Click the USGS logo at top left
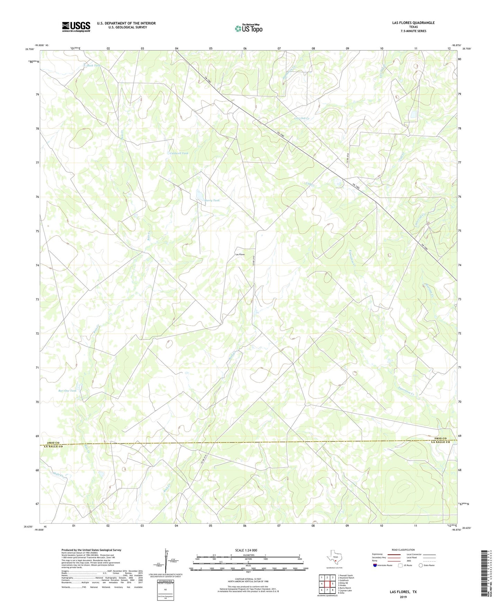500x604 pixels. (76, 27)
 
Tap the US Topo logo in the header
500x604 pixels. (248, 28)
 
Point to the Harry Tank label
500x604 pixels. (212, 200)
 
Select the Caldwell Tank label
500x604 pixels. (179, 153)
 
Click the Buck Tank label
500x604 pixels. (93, 65)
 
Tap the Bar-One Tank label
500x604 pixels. (67, 391)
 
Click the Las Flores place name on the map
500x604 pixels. (240, 254)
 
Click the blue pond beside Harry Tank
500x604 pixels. (199, 195)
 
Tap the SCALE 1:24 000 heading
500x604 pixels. (246, 550)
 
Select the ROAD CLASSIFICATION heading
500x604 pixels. (403, 550)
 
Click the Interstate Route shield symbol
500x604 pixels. (375, 565)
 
